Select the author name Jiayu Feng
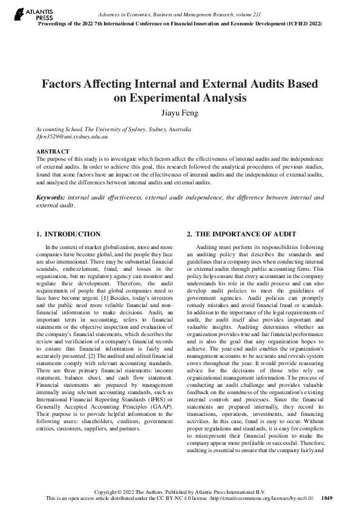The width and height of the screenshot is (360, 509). [180, 112]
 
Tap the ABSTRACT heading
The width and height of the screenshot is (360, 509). [53, 151]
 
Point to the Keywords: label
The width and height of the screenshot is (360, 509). [51, 197]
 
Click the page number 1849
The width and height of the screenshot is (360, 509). [327, 498]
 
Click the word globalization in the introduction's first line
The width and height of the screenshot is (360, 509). [118, 247]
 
